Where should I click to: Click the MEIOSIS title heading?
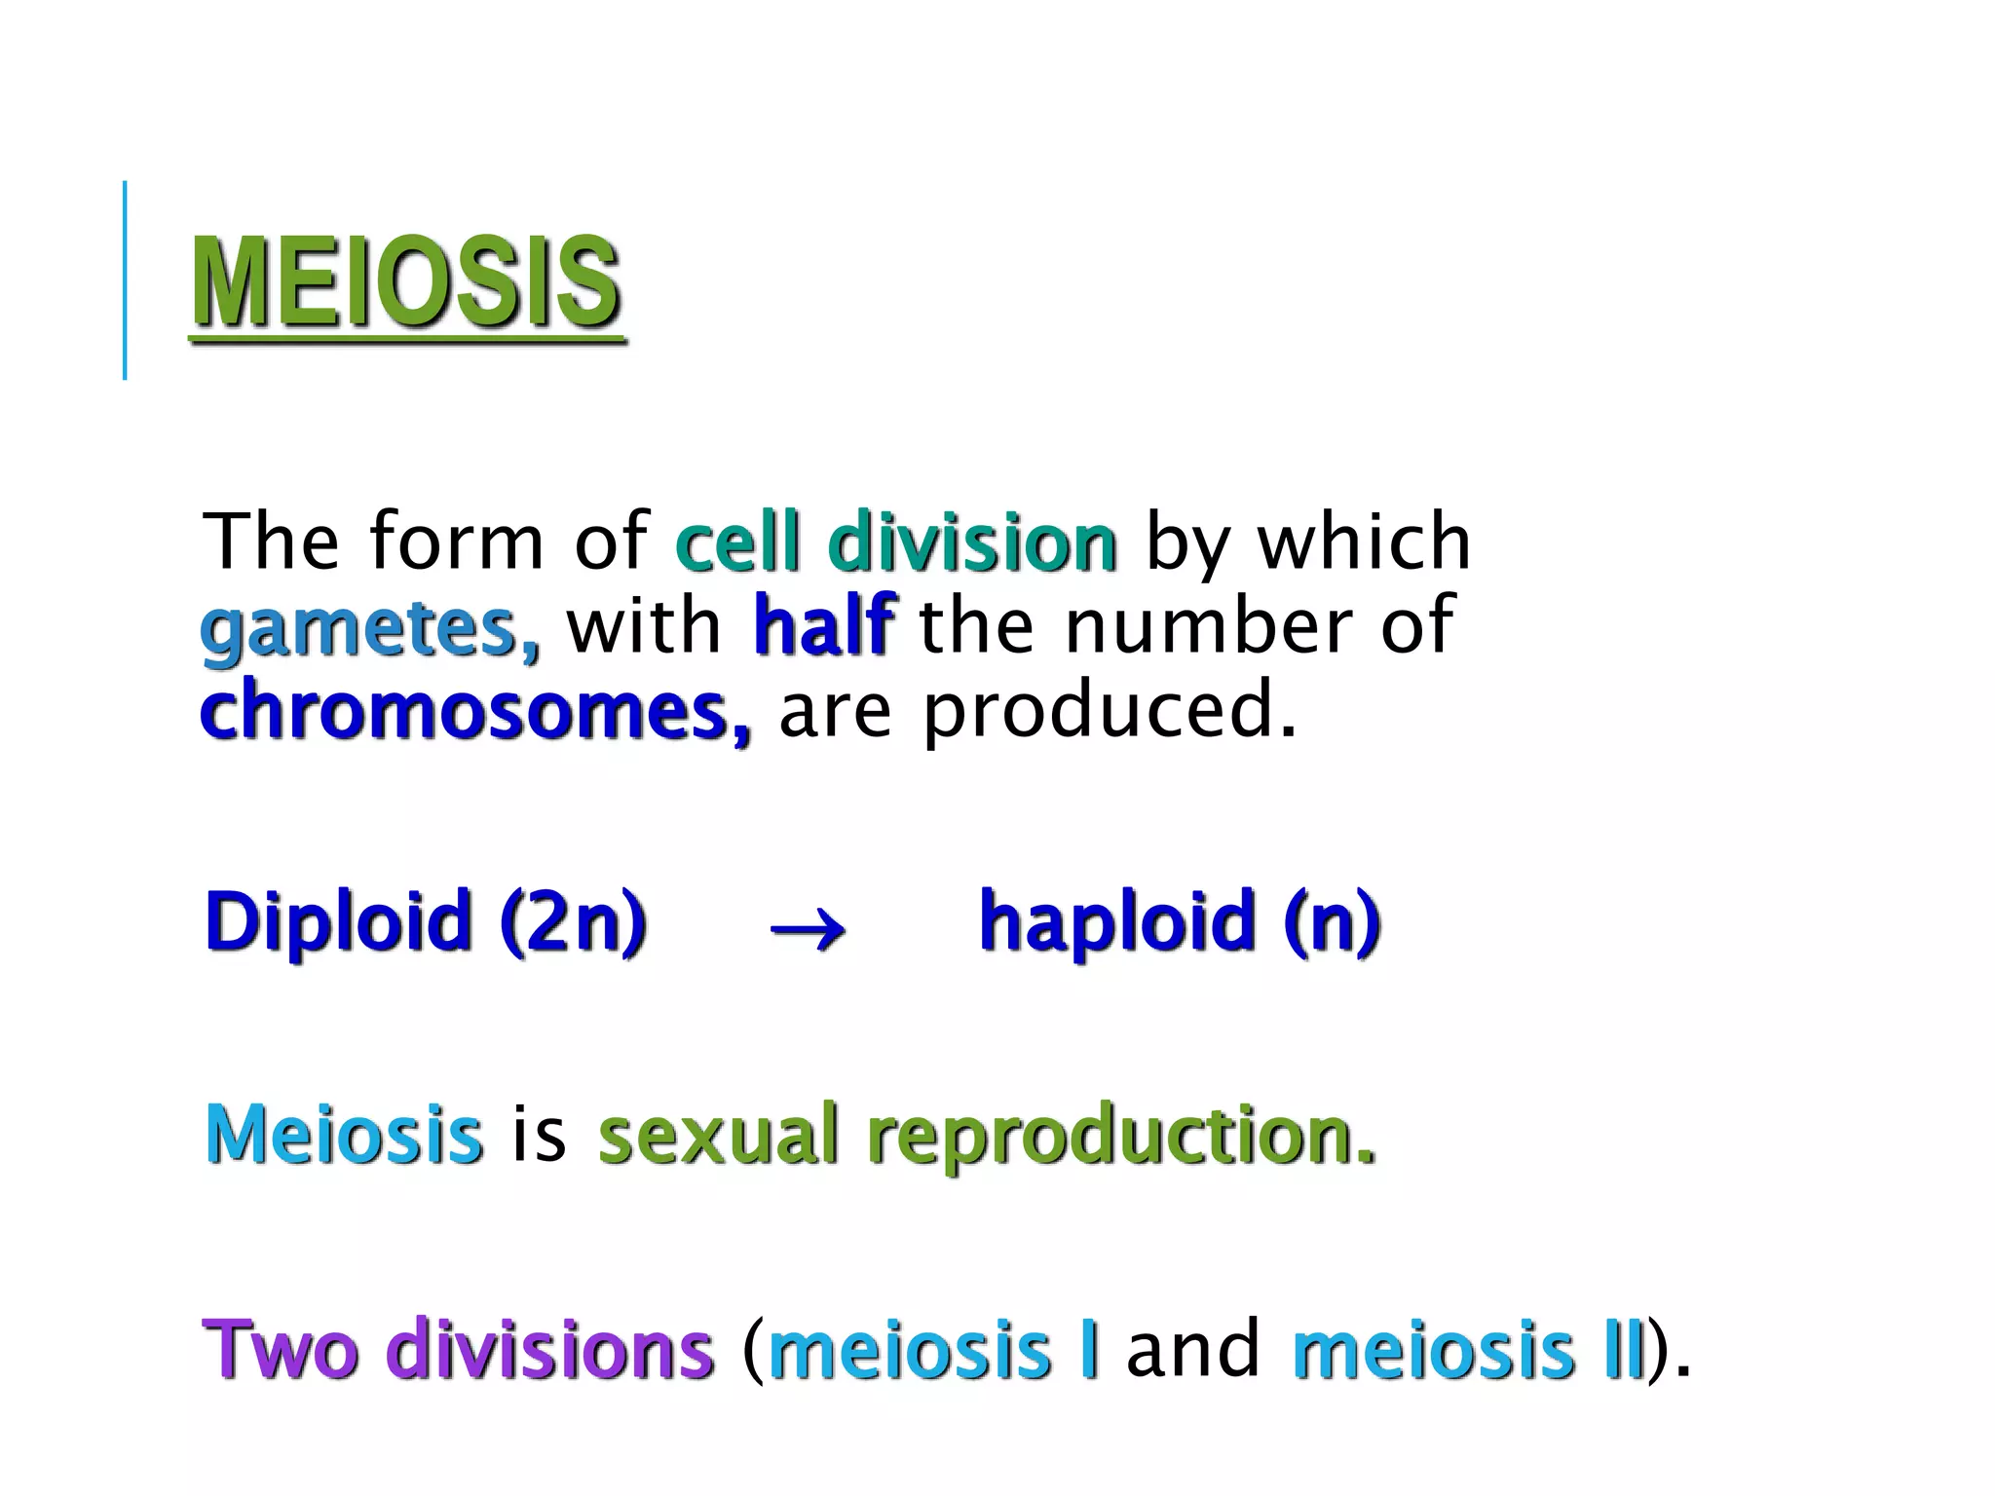point(405,282)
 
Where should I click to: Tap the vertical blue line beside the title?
point(125,280)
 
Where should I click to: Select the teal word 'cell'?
point(737,542)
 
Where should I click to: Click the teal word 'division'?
point(972,542)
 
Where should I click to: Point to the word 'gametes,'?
point(369,629)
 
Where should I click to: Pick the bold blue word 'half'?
point(823,625)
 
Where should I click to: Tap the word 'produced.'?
point(1110,711)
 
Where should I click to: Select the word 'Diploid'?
point(338,922)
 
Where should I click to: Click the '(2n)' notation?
point(573,922)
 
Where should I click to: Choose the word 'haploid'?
point(1117,922)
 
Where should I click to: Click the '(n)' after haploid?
point(1332,922)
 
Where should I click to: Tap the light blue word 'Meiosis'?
point(344,1135)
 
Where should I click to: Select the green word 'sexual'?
point(718,1135)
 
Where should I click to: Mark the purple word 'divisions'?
point(550,1350)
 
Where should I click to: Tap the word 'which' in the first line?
point(1364,542)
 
